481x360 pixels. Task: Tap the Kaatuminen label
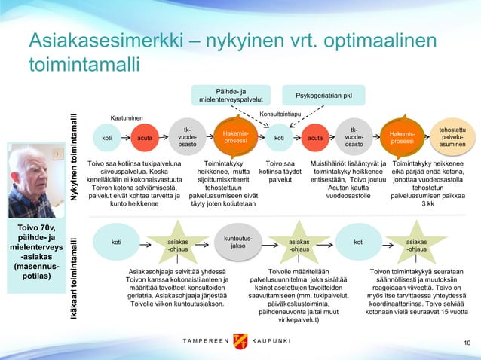[127, 119]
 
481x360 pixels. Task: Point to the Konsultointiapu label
[280, 114]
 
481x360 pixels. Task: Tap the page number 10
[467, 343]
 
